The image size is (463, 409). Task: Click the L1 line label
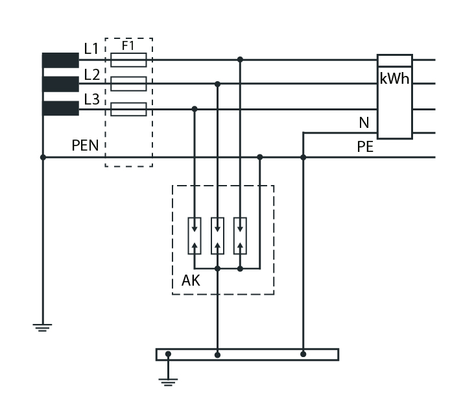coord(91,49)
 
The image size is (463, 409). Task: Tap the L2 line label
coord(92,75)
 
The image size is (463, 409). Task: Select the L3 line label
coord(92,99)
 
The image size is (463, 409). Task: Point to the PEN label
coord(85,145)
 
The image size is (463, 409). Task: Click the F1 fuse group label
coord(128,46)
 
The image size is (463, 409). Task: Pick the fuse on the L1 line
coord(129,60)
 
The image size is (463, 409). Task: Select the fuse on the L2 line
coord(129,84)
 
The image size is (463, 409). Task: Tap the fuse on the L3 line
coord(129,109)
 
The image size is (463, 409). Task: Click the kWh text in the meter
coord(394,79)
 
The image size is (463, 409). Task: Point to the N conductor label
coord(364,123)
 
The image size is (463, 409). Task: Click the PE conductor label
coord(365,147)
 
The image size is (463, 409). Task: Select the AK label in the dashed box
coord(191,280)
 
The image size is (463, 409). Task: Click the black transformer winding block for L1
coord(60,60)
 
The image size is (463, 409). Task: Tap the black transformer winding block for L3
coord(60,108)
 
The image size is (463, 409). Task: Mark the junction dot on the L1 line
coord(240,60)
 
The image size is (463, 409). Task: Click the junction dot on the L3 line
coord(195,109)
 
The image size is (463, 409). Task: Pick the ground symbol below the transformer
coord(43,327)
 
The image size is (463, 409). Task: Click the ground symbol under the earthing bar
coord(168,382)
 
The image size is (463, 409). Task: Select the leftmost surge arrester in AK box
coord(195,236)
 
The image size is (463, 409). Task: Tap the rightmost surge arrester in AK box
coord(240,236)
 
